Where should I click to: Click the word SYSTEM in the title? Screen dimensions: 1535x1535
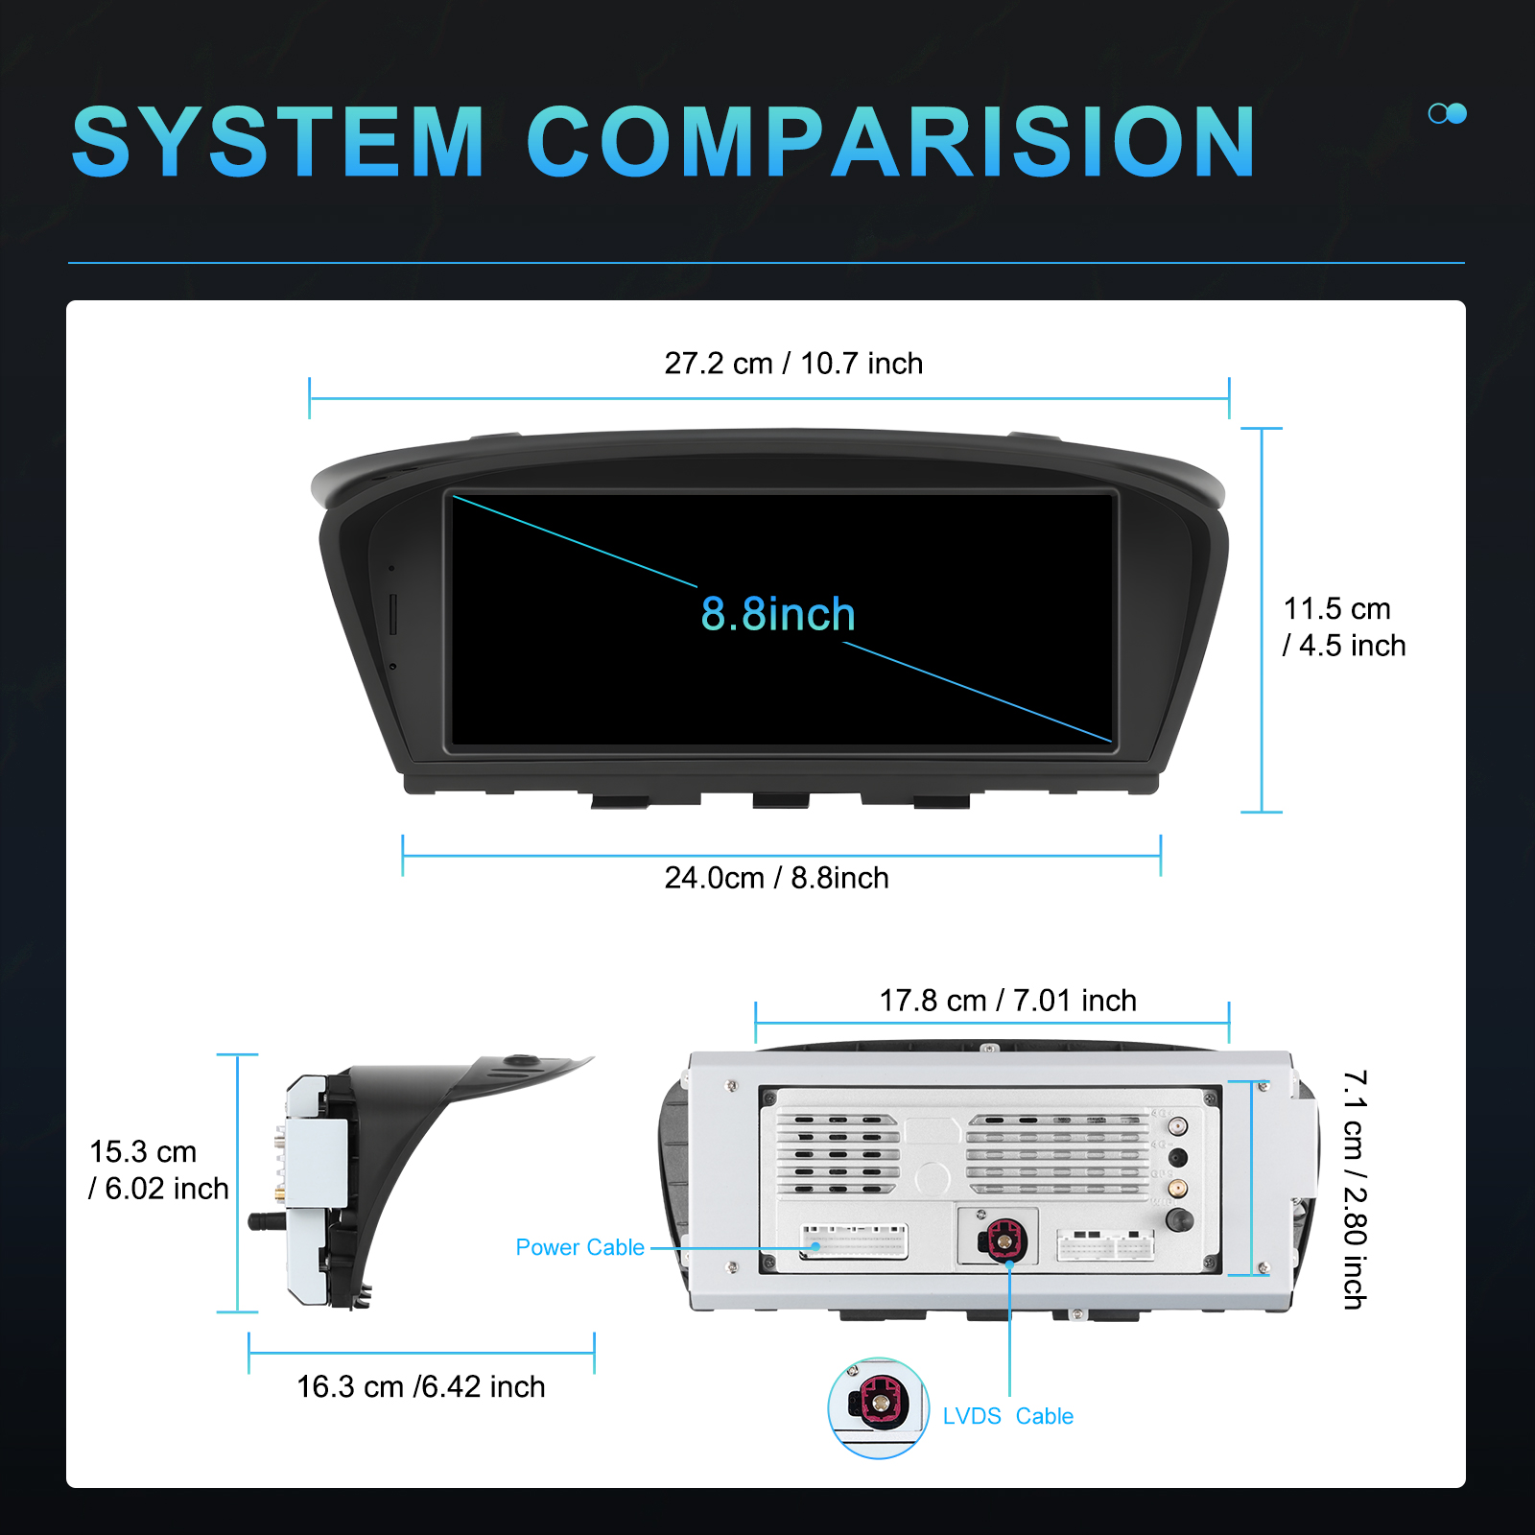tap(278, 142)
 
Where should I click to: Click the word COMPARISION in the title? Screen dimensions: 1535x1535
tap(891, 142)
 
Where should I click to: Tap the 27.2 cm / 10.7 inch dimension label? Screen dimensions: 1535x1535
tap(793, 364)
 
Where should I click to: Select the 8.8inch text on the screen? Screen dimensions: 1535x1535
tap(777, 614)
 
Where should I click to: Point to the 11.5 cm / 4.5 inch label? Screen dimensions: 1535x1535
tap(1343, 626)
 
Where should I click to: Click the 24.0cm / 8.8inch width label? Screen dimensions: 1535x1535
tap(776, 878)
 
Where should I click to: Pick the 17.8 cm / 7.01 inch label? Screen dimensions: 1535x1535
tap(1007, 1001)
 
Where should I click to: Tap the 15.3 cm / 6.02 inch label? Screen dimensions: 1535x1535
tap(158, 1169)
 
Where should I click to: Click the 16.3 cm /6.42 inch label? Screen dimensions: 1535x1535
tap(420, 1386)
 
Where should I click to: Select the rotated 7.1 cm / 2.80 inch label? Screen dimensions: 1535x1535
tap(1355, 1190)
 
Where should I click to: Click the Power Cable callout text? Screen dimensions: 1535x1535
tap(579, 1247)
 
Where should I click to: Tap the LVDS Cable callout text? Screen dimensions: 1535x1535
tap(1007, 1416)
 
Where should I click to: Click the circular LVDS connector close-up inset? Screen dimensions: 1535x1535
tap(878, 1407)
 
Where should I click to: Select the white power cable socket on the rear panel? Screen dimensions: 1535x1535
tap(854, 1241)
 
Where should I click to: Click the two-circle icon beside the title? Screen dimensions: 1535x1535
tap(1448, 113)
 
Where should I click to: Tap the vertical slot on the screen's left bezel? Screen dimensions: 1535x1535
tap(393, 614)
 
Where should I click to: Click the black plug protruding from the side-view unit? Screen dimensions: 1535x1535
tap(269, 1221)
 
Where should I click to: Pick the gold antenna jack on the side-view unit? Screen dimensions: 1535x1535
tap(279, 1193)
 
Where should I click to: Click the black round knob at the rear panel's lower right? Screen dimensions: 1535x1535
tap(1179, 1220)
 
